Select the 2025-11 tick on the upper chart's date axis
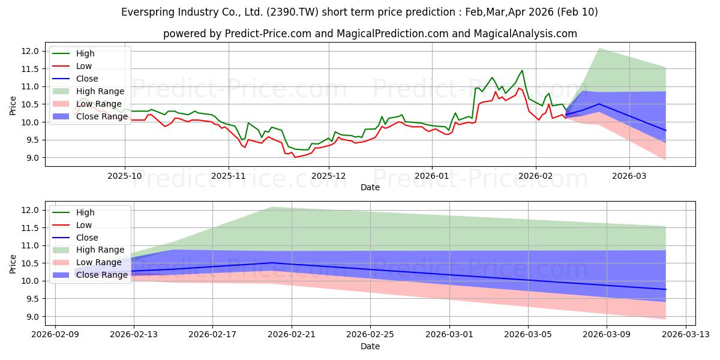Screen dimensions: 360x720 click(229, 176)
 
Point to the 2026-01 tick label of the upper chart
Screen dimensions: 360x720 click(432, 176)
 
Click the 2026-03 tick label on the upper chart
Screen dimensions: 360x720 click(629, 176)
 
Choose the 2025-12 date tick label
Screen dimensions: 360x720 click(330, 176)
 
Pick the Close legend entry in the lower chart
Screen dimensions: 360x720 click(87, 238)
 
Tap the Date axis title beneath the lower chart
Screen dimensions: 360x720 click(370, 346)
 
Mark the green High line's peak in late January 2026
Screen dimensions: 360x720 click(522, 70)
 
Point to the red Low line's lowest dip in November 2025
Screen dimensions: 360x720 click(295, 157)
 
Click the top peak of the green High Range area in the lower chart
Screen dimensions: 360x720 click(272, 207)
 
